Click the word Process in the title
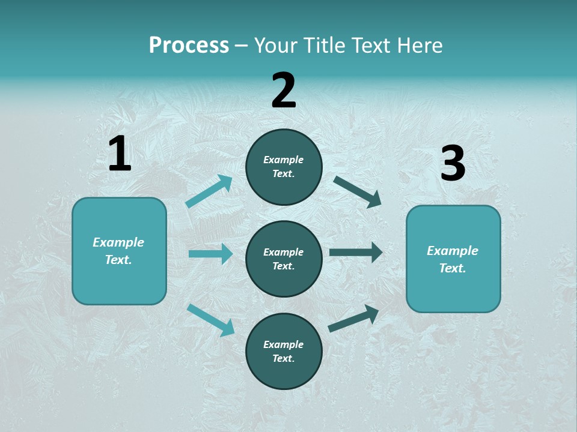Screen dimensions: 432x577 (189, 46)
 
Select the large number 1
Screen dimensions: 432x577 (120, 154)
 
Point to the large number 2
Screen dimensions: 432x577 (284, 91)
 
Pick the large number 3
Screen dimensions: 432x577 (453, 163)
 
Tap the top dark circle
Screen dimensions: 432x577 (284, 167)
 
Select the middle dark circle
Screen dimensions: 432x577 (284, 259)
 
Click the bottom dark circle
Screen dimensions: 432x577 (284, 351)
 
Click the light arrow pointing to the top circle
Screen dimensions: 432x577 (209, 191)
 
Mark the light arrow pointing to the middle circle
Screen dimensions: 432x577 (210, 254)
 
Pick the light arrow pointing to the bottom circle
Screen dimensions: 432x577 (210, 319)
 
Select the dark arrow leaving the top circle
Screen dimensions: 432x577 (358, 191)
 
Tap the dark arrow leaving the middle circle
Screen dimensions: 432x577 (356, 253)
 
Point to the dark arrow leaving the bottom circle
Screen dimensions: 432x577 (353, 318)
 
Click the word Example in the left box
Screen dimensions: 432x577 (118, 242)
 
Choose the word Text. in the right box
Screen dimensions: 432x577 (453, 268)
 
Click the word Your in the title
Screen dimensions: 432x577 (274, 46)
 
